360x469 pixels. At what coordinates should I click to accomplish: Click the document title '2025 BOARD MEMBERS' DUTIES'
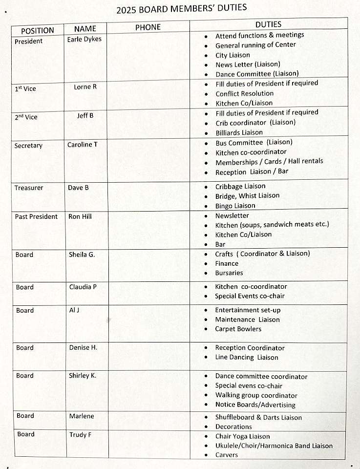point(181,8)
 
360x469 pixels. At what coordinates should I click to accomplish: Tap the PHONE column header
point(148,27)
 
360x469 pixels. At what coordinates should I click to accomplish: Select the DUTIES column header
point(268,24)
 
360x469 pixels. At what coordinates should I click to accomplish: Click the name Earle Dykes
point(84,39)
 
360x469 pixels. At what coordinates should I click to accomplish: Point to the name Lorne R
point(85,87)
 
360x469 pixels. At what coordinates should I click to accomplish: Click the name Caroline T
point(82,145)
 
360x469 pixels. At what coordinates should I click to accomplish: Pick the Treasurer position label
point(29,188)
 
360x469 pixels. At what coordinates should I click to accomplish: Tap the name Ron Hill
point(80,216)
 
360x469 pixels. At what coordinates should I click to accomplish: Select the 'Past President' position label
point(36,216)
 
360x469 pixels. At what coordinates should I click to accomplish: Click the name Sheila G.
point(82,254)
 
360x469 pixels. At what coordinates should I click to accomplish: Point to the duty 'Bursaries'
point(229,273)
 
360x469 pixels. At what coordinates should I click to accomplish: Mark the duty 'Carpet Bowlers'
point(238,329)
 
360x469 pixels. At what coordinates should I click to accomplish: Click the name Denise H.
point(83,347)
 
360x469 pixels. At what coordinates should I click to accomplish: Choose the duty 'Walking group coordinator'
point(256,395)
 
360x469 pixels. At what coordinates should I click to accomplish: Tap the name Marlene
point(82,416)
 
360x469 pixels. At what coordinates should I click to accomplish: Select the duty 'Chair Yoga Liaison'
point(243,436)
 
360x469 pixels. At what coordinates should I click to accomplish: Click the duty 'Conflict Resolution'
point(245,93)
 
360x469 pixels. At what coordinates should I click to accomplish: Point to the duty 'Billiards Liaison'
point(239,132)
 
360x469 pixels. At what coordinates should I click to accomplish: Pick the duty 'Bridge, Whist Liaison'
point(248,195)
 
